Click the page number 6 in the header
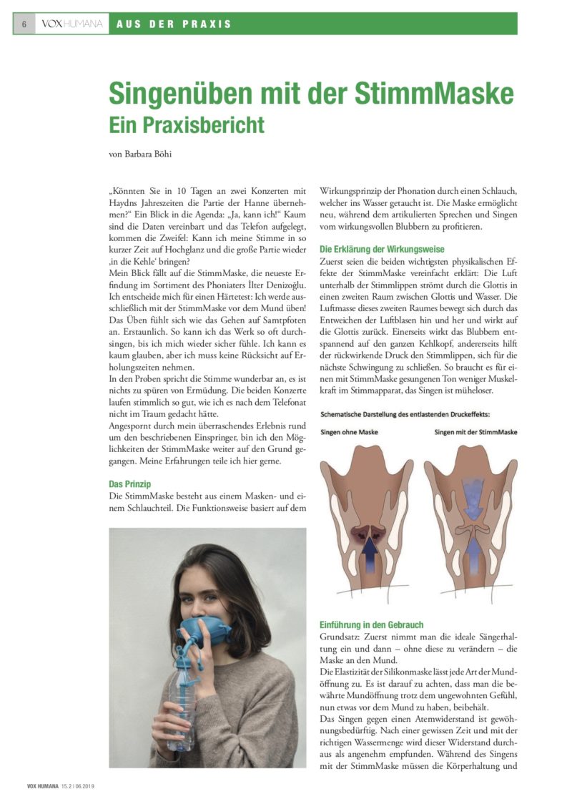24,24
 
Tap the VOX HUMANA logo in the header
71,24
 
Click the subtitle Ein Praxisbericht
186,124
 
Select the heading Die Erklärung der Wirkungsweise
382,249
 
